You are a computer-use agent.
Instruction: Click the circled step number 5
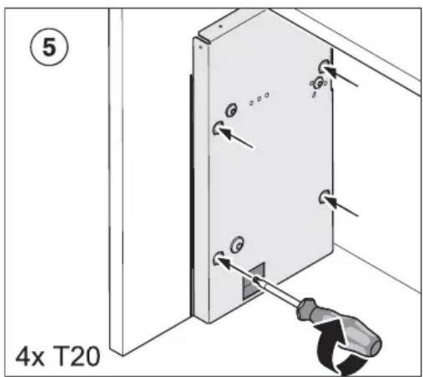[49, 48]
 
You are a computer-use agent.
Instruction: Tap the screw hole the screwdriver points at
[218, 259]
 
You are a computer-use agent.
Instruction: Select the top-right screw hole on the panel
[323, 66]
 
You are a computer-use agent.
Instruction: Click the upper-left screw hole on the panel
[217, 128]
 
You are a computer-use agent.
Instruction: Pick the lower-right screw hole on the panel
[323, 198]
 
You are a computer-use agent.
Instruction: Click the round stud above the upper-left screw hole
[231, 110]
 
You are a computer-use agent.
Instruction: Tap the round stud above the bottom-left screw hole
[238, 244]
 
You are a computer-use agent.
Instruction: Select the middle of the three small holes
[259, 99]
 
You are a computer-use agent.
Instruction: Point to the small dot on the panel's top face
[221, 26]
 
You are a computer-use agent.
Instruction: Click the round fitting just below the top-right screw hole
[319, 83]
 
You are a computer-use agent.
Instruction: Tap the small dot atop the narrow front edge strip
[200, 47]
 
